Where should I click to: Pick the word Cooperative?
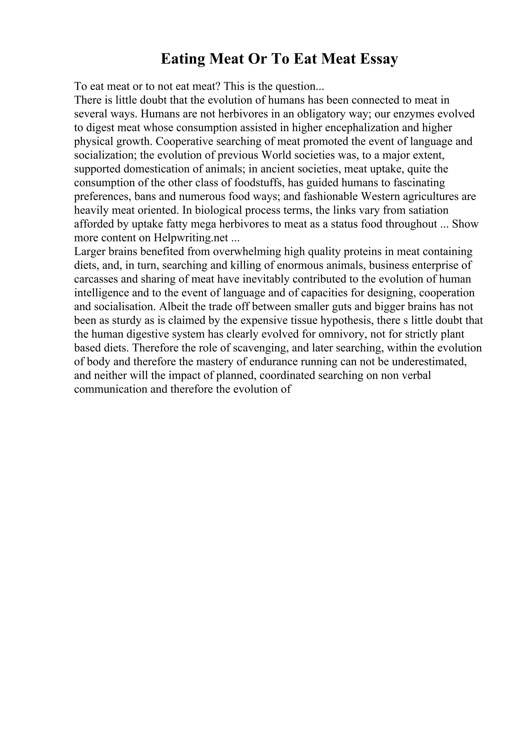tap(185, 142)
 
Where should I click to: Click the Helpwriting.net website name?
tap(191, 238)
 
